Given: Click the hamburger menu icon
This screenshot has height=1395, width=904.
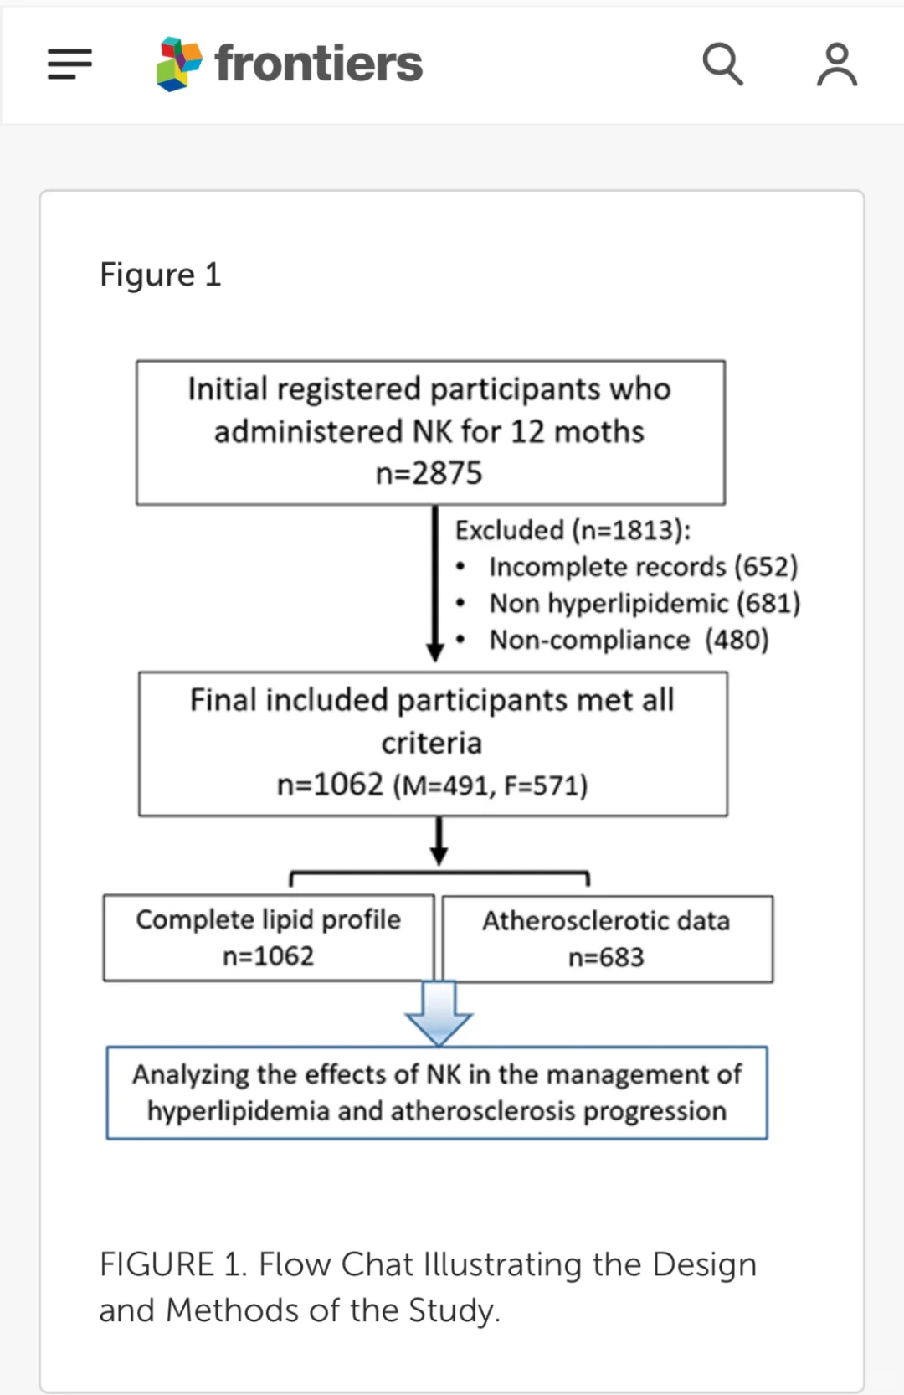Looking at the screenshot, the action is click(x=69, y=64).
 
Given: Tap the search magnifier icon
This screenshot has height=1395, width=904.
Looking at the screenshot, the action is click(x=723, y=64).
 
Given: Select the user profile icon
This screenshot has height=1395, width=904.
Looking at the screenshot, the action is click(x=837, y=64).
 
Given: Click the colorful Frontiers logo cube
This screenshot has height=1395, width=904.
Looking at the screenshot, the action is click(x=178, y=64).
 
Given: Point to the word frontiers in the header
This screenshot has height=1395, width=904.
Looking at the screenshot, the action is click(x=318, y=63).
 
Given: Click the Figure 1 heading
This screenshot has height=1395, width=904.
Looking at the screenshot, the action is click(x=161, y=275).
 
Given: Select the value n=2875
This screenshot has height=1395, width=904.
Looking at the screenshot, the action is click(x=429, y=473).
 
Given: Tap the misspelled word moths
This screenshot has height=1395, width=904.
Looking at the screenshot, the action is click(x=599, y=431).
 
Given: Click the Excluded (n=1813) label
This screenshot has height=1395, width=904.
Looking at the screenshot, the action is click(x=573, y=530).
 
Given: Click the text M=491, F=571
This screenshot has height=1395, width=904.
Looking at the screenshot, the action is click(x=491, y=785).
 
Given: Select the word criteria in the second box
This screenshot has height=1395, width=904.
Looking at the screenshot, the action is click(x=431, y=743).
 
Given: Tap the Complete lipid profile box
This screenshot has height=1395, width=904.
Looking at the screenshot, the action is click(x=269, y=938).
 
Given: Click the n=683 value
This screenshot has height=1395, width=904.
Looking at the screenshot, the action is click(x=606, y=957).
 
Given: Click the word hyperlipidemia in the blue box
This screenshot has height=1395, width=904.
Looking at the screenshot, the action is click(x=239, y=1112).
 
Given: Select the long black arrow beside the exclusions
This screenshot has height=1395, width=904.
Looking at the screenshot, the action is click(x=434, y=583).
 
